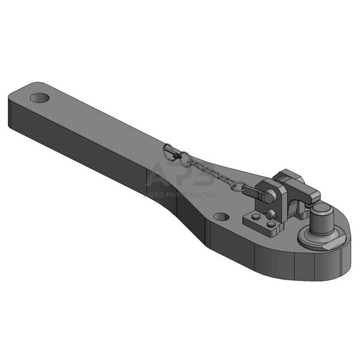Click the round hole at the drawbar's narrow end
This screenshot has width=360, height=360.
point(40,97)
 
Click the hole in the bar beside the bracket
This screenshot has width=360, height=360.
point(221,216)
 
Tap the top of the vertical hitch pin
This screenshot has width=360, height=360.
point(322,209)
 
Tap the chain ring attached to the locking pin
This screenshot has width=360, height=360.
point(238,187)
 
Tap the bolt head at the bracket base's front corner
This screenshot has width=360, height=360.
point(271,224)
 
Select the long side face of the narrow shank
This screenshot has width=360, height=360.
point(90,144)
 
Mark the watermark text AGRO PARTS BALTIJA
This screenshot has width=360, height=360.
point(180,194)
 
